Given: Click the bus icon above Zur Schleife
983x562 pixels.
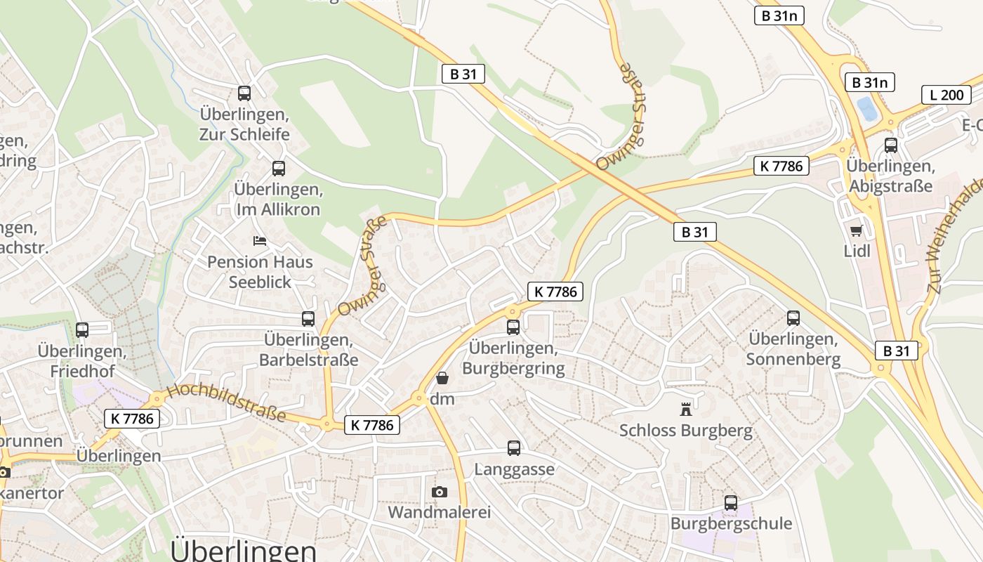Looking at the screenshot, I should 244,93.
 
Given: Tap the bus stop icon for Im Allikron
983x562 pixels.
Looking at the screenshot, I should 279,169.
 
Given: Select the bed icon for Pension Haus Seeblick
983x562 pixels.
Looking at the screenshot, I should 260,241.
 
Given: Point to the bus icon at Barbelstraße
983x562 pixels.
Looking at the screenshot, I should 308,319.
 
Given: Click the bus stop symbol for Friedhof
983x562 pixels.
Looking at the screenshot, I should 82,329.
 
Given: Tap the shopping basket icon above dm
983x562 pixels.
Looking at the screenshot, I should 442,379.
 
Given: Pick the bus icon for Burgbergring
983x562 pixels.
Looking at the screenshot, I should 513,327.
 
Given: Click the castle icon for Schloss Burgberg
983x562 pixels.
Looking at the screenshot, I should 686,409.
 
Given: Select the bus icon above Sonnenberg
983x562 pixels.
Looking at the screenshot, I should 793,318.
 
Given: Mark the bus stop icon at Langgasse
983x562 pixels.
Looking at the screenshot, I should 514,448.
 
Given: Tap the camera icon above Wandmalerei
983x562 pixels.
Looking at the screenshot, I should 440,492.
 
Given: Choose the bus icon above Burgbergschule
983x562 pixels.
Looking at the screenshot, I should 731,503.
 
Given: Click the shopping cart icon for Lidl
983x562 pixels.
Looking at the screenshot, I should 856,230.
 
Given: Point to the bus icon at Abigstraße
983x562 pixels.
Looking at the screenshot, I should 891,145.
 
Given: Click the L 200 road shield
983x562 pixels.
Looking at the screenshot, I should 946,95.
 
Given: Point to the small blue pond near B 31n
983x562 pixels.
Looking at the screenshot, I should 866,109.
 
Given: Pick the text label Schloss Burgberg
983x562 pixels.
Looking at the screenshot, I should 686,430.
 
